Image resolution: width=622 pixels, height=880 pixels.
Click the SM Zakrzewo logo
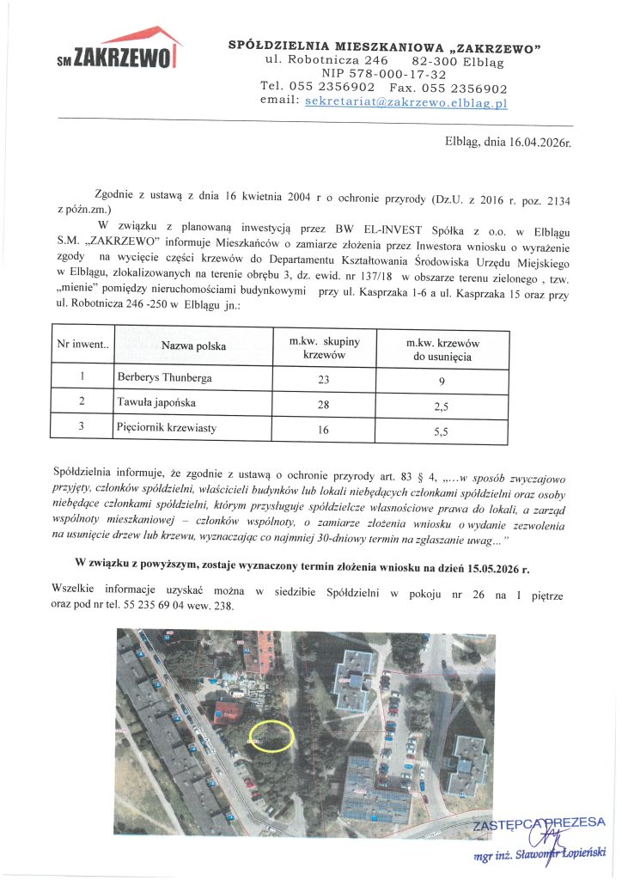(117, 49)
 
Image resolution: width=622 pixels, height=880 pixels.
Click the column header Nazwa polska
(193, 346)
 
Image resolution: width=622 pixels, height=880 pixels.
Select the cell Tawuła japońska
(155, 400)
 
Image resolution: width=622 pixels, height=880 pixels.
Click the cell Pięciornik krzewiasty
(167, 425)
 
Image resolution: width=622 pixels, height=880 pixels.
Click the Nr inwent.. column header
(82, 345)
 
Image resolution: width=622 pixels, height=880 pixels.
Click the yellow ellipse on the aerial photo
(271, 736)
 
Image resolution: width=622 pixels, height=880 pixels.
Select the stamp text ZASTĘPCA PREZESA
(540, 822)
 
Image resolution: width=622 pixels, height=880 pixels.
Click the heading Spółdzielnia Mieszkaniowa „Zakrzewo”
(383, 46)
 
